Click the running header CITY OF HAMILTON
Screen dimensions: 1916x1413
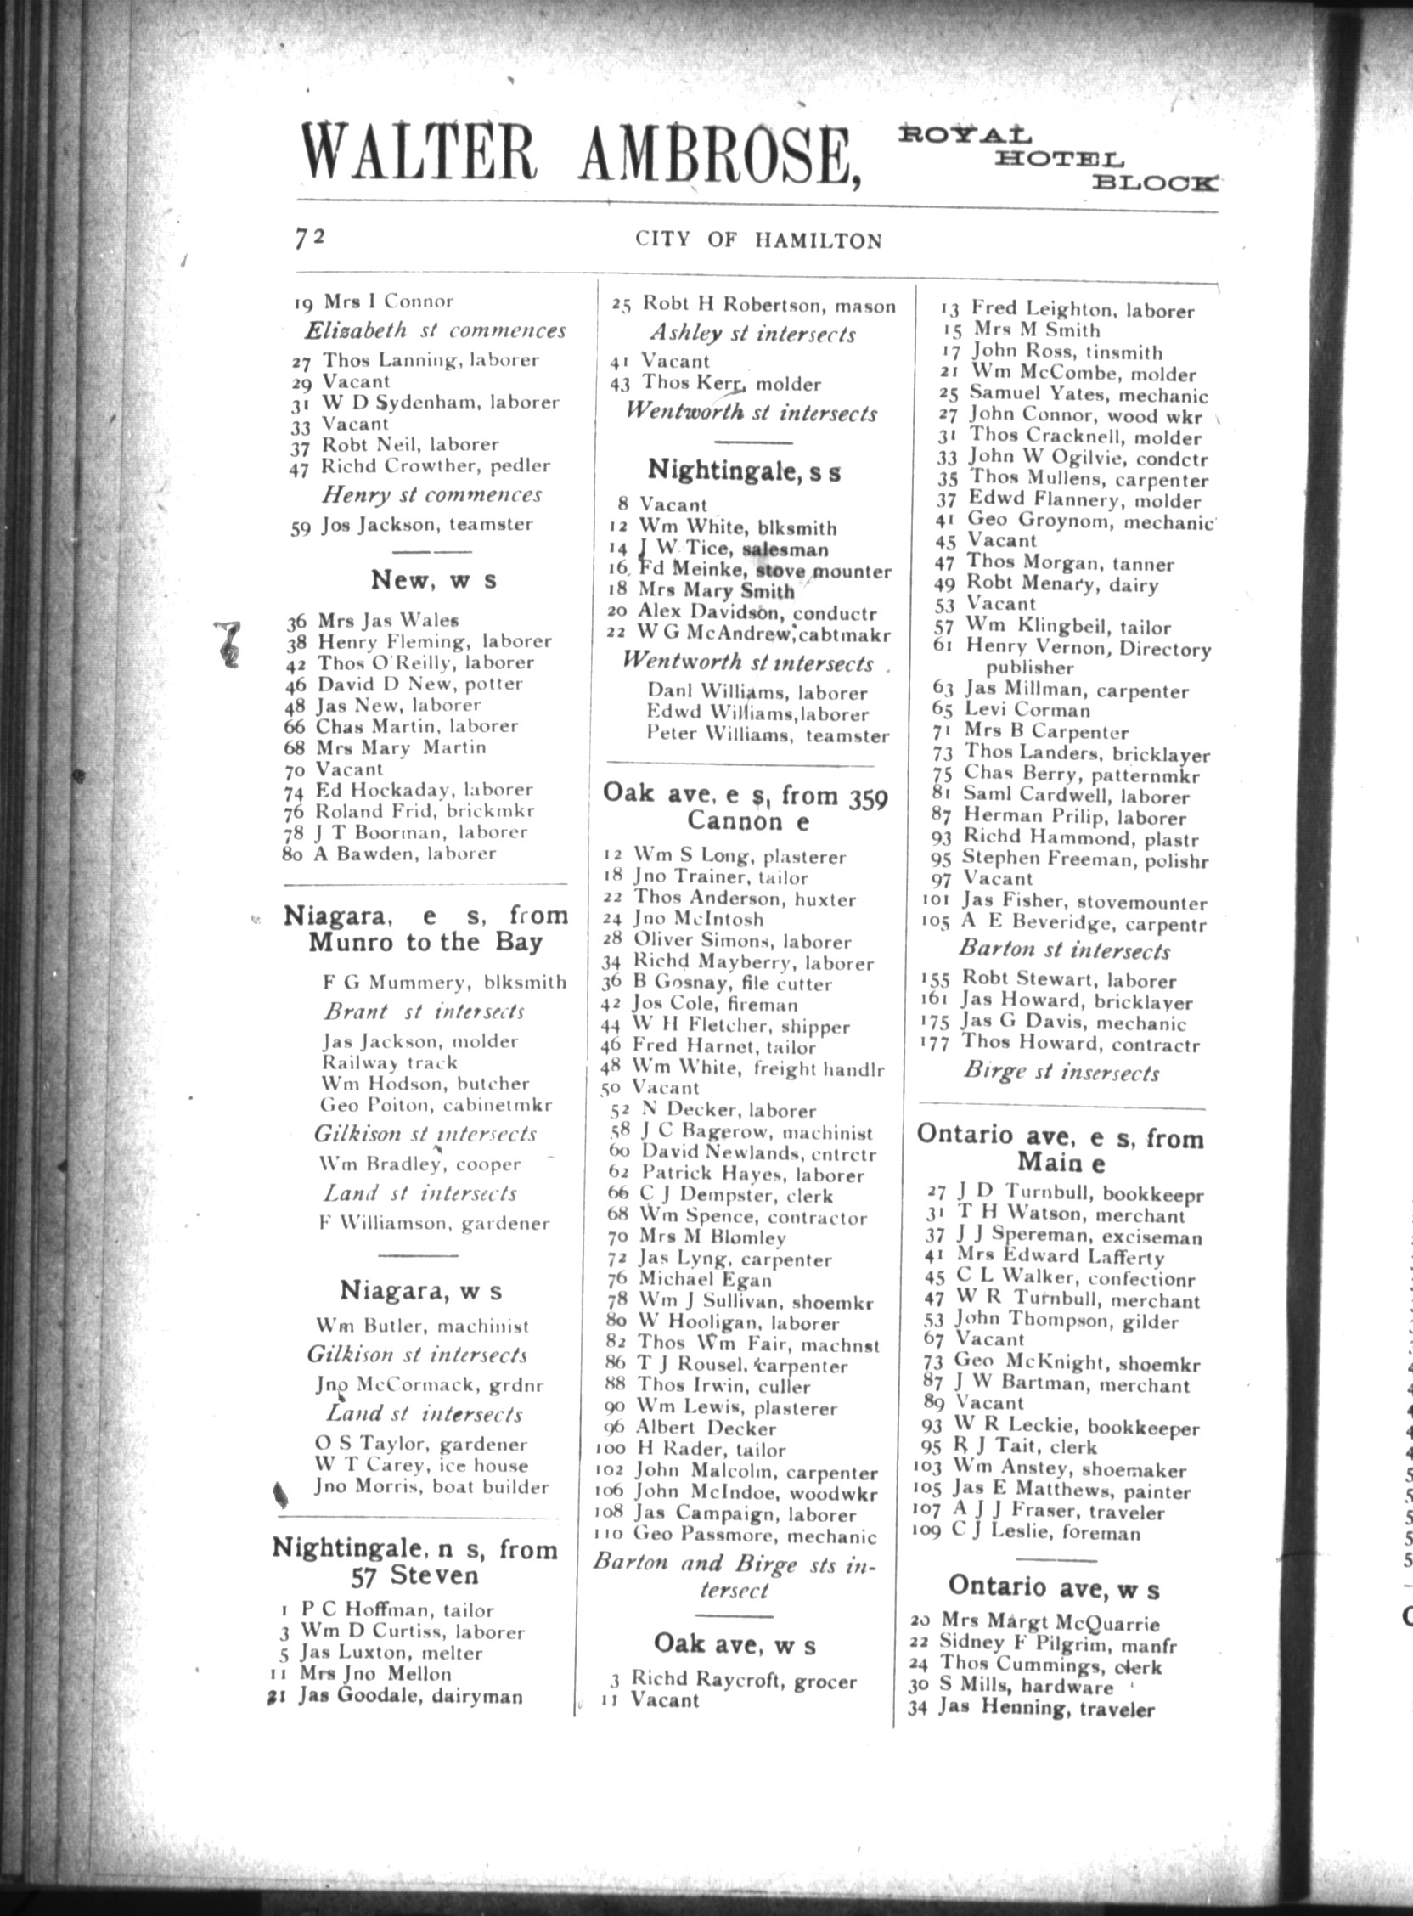[x=757, y=240]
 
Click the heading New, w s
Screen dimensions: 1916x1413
[x=433, y=580]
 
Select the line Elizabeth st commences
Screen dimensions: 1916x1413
[x=436, y=330]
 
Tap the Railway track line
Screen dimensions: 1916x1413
[x=389, y=1062]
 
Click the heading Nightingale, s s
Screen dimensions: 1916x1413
[x=743, y=471]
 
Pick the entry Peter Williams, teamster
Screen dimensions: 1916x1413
[x=768, y=735]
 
